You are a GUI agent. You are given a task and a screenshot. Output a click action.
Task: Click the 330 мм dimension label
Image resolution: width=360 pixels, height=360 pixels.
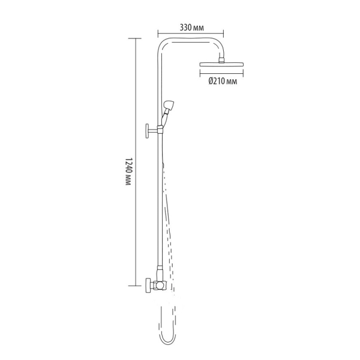tap(191, 28)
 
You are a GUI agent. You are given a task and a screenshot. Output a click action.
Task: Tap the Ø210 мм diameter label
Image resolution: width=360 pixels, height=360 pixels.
tap(223, 81)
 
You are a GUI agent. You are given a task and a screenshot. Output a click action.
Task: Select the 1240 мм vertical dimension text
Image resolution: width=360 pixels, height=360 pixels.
tap(128, 172)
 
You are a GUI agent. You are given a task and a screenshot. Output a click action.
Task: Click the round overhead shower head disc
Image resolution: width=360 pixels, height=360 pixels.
tap(221, 65)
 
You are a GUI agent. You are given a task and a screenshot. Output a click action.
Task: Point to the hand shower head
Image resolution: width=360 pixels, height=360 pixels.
tap(169, 105)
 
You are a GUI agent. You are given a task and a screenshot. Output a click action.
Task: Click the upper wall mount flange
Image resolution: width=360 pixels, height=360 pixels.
tap(147, 131)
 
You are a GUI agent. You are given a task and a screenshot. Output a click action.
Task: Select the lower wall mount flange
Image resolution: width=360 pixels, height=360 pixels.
tap(148, 285)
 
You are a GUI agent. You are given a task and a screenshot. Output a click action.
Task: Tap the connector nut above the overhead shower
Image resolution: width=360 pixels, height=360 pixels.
tap(221, 60)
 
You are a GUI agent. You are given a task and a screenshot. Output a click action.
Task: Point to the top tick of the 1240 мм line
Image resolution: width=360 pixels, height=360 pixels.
tap(135, 38)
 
